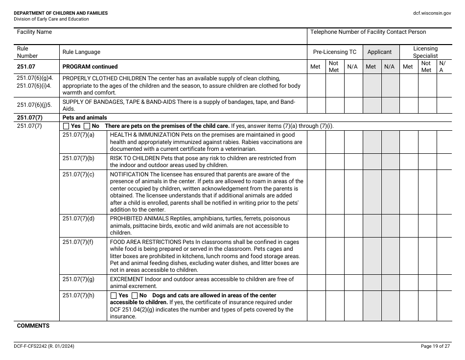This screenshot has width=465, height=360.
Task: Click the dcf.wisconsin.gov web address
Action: [432, 13]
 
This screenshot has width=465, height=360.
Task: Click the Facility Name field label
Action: [34, 32]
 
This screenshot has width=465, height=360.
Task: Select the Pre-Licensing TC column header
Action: [335, 52]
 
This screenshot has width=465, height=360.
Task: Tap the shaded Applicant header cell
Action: [379, 52]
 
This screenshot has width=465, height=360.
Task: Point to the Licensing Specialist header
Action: [425, 52]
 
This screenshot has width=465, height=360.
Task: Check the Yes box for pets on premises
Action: [67, 126]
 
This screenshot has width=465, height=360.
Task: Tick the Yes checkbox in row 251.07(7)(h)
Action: [114, 295]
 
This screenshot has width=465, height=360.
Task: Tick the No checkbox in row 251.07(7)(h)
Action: [135, 295]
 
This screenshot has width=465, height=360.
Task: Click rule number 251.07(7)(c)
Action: [78, 174]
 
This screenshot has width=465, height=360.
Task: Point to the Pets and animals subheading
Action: [85, 118]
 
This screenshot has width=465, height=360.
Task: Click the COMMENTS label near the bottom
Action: [33, 326]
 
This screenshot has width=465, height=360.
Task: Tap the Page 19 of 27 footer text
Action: [435, 346]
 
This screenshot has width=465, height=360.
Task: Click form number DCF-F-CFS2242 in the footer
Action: [34, 346]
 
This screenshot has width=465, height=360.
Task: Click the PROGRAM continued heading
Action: [90, 67]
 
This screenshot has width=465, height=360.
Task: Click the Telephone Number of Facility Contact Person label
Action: [368, 32]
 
